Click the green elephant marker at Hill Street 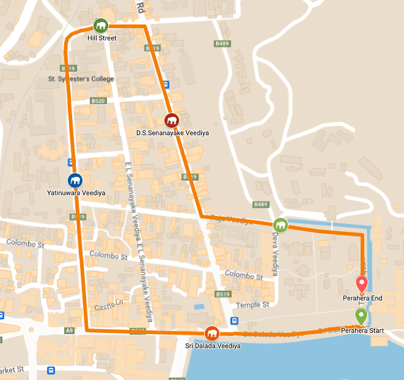pos(100,26)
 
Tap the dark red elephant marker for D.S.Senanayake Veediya pos(172,120)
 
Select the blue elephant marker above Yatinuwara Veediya pos(75,181)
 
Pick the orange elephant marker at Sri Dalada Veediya pos(212,333)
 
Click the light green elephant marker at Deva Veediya pos(280,225)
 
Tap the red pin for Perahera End pos(361,284)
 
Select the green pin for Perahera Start pos(361,316)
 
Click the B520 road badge pos(98,100)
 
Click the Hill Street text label pos(101,38)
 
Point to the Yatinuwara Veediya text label pos(76,193)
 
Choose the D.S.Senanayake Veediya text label pos(172,132)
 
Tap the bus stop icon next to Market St pos(51,370)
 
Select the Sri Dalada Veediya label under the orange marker pos(213,346)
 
